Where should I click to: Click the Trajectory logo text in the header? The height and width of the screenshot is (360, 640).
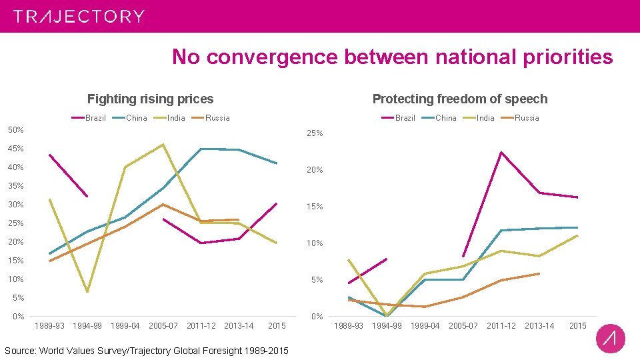(79, 17)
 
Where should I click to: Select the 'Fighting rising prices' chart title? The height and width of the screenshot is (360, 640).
(151, 99)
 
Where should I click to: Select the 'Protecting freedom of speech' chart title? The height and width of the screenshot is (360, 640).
(459, 99)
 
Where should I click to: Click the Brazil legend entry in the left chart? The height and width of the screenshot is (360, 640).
(89, 118)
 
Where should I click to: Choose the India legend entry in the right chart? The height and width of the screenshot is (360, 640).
(479, 118)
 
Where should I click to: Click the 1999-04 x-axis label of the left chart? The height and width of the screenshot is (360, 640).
(126, 326)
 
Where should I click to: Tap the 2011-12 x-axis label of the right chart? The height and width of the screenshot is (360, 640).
(501, 326)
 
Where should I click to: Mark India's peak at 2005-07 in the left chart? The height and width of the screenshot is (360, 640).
(163, 144)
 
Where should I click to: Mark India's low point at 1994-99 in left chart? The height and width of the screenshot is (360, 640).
(87, 292)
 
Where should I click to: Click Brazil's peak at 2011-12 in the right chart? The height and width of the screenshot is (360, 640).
(501, 152)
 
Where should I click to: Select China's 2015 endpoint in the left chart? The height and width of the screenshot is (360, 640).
(277, 163)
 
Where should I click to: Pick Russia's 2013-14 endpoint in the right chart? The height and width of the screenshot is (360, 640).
(539, 273)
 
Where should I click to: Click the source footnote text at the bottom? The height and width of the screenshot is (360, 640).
(147, 351)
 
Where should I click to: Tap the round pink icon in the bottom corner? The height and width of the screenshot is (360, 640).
(610, 339)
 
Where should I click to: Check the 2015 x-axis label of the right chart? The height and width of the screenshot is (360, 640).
(577, 326)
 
